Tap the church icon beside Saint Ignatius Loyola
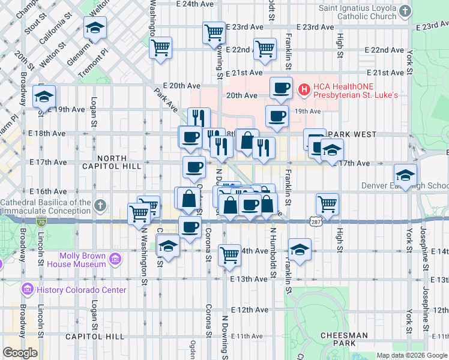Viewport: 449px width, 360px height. click(x=406, y=11)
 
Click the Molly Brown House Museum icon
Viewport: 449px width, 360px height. click(x=115, y=260)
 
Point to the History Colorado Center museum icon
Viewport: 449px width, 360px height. click(x=27, y=290)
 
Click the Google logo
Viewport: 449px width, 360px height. click(x=20, y=353)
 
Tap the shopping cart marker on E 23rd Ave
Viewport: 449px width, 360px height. click(x=214, y=32)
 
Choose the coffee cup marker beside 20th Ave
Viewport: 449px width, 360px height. click(x=281, y=88)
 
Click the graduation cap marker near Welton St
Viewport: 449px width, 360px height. click(x=94, y=28)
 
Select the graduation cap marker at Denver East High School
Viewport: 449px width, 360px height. click(x=406, y=175)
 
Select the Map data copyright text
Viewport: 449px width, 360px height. click(x=412, y=355)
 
